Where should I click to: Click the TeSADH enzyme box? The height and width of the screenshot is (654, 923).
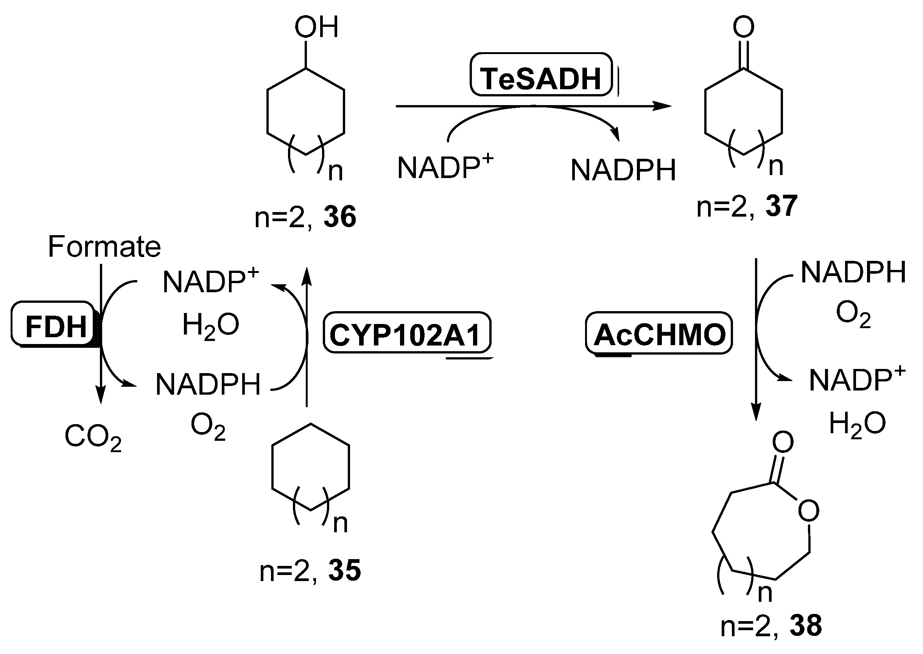point(541,75)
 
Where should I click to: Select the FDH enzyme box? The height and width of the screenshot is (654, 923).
point(54,324)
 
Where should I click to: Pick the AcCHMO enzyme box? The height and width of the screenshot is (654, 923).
point(658,334)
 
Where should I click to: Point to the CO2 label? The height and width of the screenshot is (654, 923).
point(93,437)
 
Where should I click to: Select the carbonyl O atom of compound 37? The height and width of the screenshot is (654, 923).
point(743,27)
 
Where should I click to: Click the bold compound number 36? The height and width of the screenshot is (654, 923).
point(340,217)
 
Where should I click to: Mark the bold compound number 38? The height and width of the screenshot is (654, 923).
point(805,625)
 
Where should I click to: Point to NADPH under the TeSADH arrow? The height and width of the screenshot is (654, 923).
point(623,170)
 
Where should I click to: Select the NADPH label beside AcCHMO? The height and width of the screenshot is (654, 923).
point(853,273)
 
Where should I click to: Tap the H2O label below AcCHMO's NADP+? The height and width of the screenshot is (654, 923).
point(857,424)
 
